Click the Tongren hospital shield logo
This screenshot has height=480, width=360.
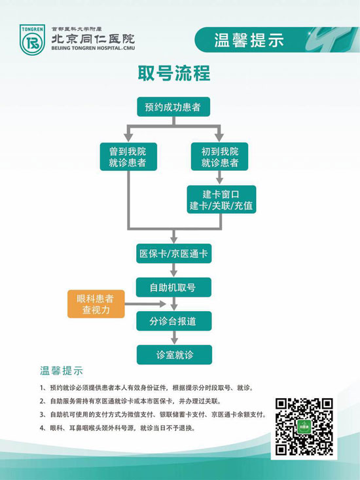(x=32, y=40)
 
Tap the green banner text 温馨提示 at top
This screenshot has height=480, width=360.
(x=249, y=40)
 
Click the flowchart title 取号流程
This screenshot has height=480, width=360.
(x=174, y=73)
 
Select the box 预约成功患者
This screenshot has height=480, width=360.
(x=173, y=107)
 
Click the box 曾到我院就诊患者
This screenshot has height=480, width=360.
(x=128, y=157)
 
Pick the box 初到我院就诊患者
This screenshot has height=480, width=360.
(x=220, y=157)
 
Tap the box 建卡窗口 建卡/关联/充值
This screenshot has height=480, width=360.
(x=221, y=200)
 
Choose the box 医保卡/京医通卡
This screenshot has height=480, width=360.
(x=173, y=253)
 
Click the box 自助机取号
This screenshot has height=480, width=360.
(x=173, y=287)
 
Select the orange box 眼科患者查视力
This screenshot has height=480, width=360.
(x=96, y=304)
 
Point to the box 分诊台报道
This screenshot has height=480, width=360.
(x=173, y=321)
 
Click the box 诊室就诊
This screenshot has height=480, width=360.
(x=174, y=355)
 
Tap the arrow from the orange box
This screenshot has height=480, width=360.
(x=145, y=304)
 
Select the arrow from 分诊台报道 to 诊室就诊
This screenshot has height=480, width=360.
(x=174, y=338)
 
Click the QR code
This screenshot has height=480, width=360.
(x=304, y=426)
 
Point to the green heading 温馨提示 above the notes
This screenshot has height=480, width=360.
(x=62, y=371)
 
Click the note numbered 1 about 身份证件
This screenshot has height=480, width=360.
(x=147, y=388)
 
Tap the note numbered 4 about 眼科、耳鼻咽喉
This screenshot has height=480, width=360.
(x=117, y=428)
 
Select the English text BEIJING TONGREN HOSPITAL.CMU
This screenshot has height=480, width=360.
(x=93, y=48)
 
